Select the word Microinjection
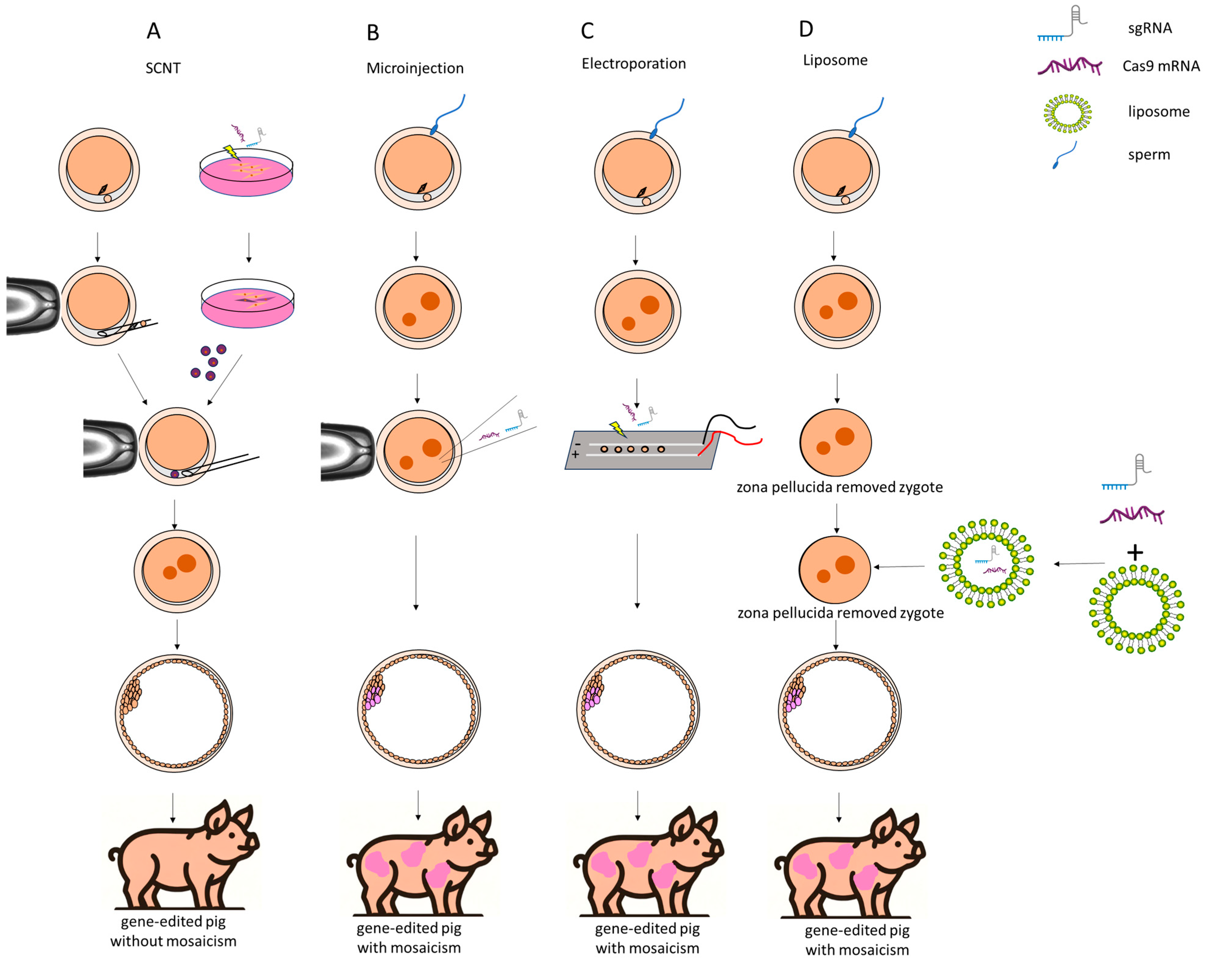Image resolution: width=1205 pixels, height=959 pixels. click(x=415, y=68)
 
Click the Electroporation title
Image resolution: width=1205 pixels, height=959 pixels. click(x=633, y=64)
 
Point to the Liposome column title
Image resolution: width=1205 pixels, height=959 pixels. click(x=835, y=61)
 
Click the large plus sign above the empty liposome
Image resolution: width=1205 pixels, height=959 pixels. click(x=1134, y=553)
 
